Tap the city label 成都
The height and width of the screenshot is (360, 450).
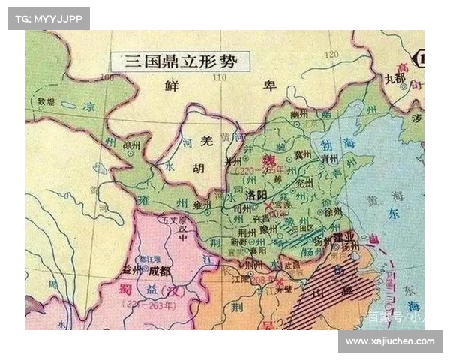click(x=160, y=270)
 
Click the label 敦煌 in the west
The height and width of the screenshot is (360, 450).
click(x=45, y=100)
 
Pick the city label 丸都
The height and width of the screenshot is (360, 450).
click(x=394, y=77)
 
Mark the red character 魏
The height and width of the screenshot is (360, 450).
click(x=267, y=160)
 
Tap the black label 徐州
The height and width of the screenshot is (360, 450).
click(x=325, y=212)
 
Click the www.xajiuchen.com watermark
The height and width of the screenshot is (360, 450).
click(x=391, y=341)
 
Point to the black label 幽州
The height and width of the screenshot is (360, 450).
click(x=298, y=114)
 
